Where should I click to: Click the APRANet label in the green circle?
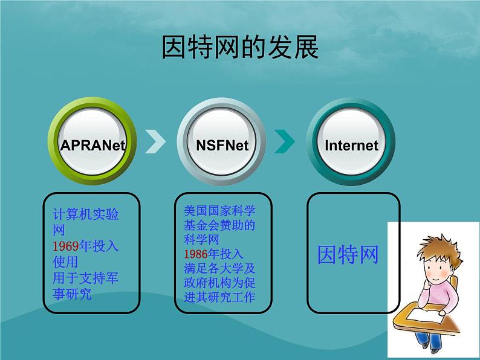(92, 145)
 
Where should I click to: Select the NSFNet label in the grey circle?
(222, 145)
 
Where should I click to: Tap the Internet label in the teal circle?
(351, 146)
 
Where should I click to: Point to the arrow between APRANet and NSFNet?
(156, 141)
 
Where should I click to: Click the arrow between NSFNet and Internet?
(285, 141)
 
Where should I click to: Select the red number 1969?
(66, 246)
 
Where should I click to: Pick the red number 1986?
(196, 253)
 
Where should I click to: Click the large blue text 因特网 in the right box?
(348, 254)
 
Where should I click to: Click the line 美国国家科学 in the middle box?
(219, 211)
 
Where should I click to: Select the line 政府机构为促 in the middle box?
(219, 282)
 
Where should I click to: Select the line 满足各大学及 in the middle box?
(219, 268)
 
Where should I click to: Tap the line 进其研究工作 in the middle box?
(219, 297)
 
